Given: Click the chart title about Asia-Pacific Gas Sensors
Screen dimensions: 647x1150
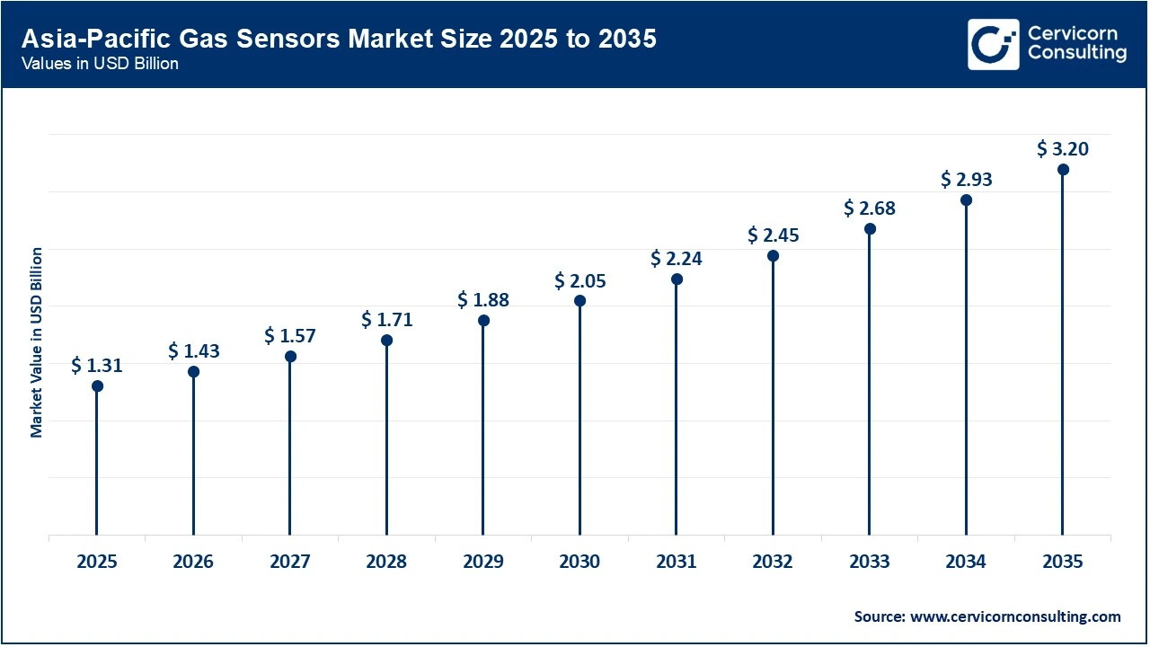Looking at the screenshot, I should coord(339,40).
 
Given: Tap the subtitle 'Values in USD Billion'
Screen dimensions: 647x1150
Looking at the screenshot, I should coord(100,65).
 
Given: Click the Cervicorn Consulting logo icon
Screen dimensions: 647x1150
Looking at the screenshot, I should coord(993,44).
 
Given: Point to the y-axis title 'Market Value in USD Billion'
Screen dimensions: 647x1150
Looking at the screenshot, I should coord(37,342).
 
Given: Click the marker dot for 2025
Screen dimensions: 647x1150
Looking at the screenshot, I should coord(97,386).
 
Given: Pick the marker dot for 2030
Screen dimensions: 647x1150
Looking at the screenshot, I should coord(580,301).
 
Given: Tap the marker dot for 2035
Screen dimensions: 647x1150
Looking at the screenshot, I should coord(1063,170).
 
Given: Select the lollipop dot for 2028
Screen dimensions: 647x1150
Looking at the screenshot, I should coord(387,341).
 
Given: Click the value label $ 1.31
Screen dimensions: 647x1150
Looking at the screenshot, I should coord(97,366).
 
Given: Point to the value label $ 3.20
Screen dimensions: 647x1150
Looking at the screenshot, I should coord(1063,149).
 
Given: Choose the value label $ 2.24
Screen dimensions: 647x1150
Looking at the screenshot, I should coord(677,259).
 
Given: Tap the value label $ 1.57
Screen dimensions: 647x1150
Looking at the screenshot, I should coord(290,336).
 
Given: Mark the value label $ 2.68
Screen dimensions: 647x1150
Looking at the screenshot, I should coord(870,208).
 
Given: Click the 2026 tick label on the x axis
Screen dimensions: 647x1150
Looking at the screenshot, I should coord(193,563).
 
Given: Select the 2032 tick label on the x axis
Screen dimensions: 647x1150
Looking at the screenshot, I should coord(773,563).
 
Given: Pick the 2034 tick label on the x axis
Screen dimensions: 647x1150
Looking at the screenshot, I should coord(966,563).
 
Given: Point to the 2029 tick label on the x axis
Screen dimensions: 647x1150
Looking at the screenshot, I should coord(483,563).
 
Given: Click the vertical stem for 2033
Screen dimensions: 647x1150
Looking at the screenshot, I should coord(870,386).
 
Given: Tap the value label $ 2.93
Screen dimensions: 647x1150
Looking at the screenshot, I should coord(967,180).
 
